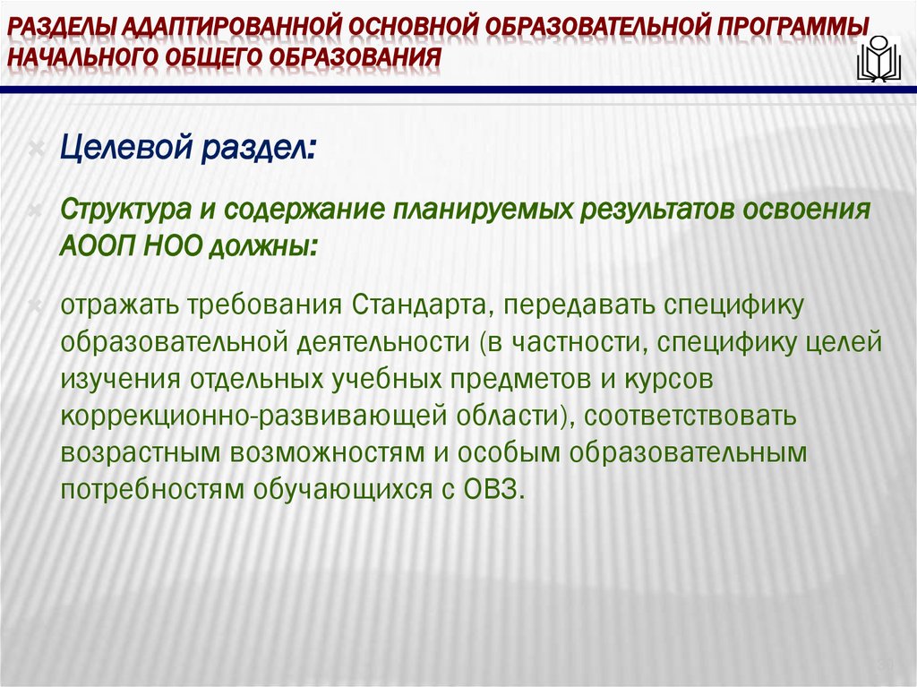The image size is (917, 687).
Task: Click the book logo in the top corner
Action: pyautogui.click(x=878, y=60)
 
